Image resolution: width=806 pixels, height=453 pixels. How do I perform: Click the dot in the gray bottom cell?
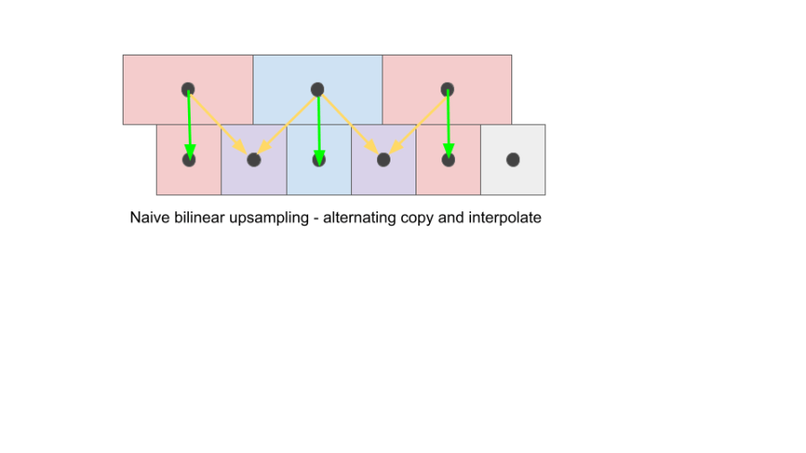pyautogui.click(x=513, y=159)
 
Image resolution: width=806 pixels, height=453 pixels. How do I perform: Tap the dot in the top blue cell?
pyautogui.click(x=317, y=90)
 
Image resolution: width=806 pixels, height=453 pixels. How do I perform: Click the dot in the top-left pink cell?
pyautogui.click(x=188, y=90)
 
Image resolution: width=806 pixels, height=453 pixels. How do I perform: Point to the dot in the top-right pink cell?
pyautogui.click(x=448, y=90)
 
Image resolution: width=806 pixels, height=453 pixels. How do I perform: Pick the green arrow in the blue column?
pyautogui.click(x=319, y=125)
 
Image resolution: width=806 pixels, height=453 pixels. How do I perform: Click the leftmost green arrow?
pyautogui.click(x=189, y=125)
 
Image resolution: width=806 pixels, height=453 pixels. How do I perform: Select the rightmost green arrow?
pyautogui.click(x=449, y=125)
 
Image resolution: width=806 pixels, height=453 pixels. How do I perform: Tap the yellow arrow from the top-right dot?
pyautogui.click(x=416, y=124)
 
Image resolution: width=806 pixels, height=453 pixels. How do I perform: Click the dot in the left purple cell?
pyautogui.click(x=253, y=160)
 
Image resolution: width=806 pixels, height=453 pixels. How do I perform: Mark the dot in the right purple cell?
pyautogui.click(x=383, y=160)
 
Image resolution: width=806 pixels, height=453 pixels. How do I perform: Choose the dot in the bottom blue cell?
pyautogui.click(x=319, y=160)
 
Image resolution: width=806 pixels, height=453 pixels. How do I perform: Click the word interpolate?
pyautogui.click(x=505, y=218)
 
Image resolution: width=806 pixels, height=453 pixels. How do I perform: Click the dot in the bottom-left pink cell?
pyautogui.click(x=189, y=160)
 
